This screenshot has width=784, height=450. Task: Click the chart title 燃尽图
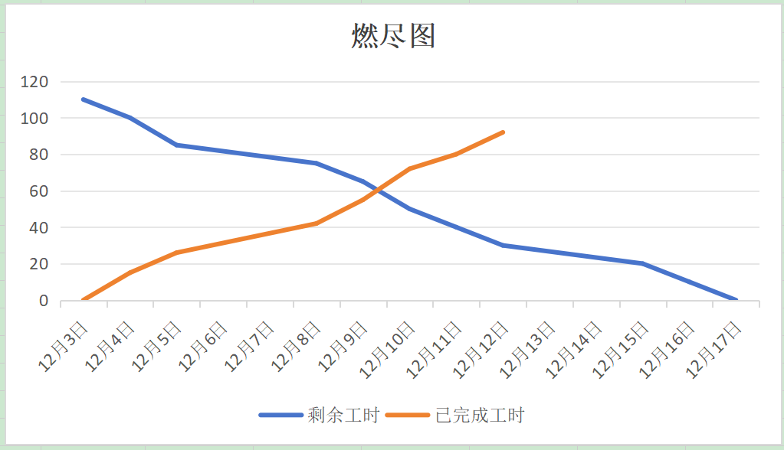click(x=393, y=36)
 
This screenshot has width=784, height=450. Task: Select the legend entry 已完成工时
click(x=479, y=416)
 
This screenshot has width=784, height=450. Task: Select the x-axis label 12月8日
click(x=298, y=345)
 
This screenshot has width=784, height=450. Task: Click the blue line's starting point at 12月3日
click(x=83, y=99)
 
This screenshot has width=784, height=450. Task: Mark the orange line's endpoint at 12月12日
click(x=504, y=132)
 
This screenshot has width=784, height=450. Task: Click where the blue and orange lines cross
click(x=376, y=191)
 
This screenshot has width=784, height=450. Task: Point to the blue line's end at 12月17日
click(x=736, y=300)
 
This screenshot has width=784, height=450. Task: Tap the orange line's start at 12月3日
click(x=83, y=300)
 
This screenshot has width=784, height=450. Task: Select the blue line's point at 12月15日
click(x=643, y=264)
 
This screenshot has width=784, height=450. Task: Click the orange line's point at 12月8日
click(x=317, y=223)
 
